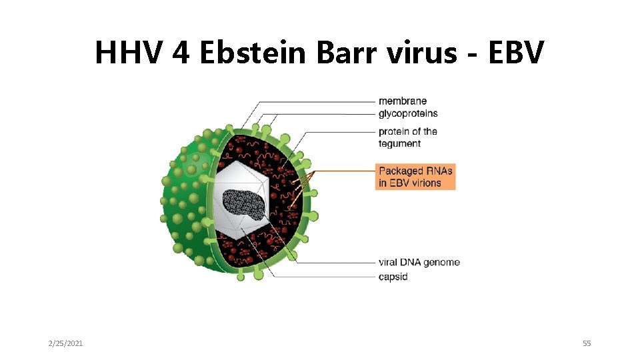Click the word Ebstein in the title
click(253, 52)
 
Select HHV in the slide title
click(129, 52)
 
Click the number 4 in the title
click(181, 52)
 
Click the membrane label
click(403, 101)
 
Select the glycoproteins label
click(408, 113)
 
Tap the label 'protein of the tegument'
click(407, 137)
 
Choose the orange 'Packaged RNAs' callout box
click(415, 177)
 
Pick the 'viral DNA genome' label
click(419, 262)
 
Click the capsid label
click(393, 276)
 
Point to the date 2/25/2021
click(66, 343)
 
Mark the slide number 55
click(587, 343)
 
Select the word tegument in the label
click(400, 143)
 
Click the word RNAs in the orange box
click(437, 171)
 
